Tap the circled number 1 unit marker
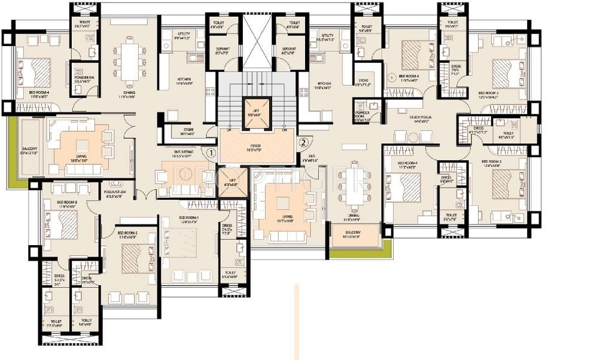[210, 152]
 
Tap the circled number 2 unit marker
[303, 142]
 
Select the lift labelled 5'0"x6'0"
[255, 112]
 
